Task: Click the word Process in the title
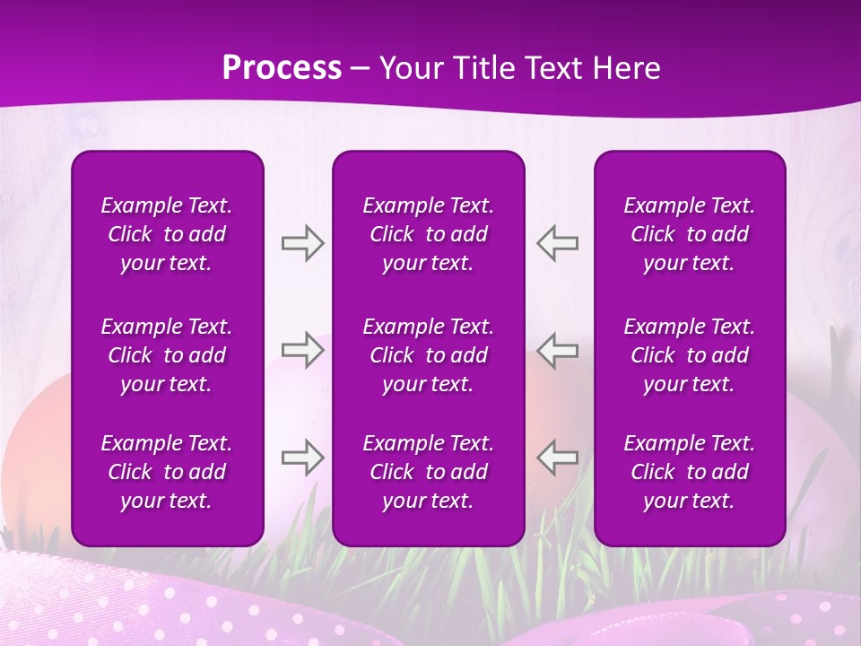282,68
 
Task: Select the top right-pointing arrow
303,243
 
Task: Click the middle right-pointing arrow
303,350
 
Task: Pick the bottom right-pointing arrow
303,458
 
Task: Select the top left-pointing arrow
557,243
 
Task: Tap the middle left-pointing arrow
557,350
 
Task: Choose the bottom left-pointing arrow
557,458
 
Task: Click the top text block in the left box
167,234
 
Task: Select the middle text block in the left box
167,355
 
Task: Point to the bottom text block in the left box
167,472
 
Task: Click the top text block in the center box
428,234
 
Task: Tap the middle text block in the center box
428,355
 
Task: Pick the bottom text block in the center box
428,472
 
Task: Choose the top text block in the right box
689,234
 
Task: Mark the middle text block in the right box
689,355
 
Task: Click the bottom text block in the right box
689,472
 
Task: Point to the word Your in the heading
409,68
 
